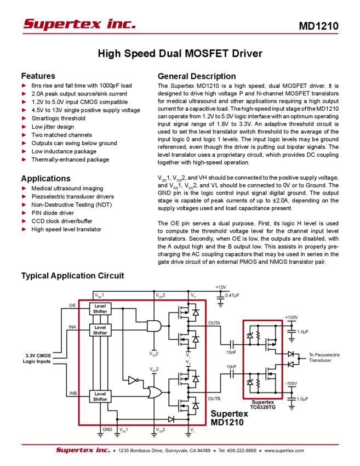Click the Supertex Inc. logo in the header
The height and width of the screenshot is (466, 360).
pyautogui.click(x=79, y=24)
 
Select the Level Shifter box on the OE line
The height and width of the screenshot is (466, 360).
pyautogui.click(x=100, y=309)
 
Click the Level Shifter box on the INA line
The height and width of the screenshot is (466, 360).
pyautogui.click(x=100, y=329)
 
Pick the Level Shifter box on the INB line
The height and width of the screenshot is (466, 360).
pyautogui.click(x=100, y=396)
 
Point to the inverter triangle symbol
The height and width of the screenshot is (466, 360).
pyautogui.click(x=132, y=380)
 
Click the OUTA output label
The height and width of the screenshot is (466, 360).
pyautogui.click(x=215, y=323)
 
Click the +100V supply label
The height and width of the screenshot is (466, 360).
pyautogui.click(x=291, y=316)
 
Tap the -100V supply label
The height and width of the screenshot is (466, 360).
pyautogui.click(x=291, y=382)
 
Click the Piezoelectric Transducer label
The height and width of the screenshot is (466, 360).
pyautogui.click(x=324, y=357)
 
